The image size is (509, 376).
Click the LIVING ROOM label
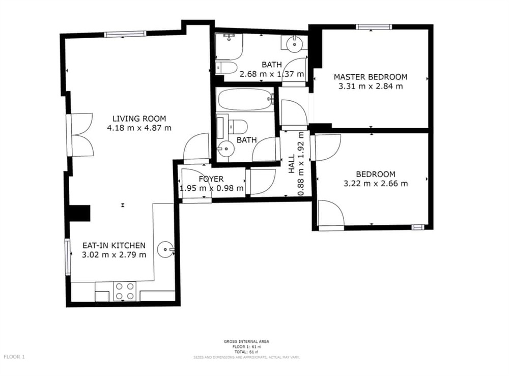tap(139, 119)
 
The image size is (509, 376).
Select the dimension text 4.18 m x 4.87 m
tap(139, 128)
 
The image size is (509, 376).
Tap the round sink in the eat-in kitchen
tap(165, 250)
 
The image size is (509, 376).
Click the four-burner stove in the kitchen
tap(125, 291)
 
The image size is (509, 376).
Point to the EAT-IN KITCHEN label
tap(114, 245)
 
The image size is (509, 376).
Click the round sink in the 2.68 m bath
tap(294, 44)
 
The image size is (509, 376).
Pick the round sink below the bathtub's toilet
tap(225, 149)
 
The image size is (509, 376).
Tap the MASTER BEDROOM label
tap(371, 77)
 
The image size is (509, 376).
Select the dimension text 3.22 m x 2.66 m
tap(376, 183)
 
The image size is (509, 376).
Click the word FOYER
tap(211, 179)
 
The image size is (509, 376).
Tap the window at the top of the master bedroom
tap(373, 27)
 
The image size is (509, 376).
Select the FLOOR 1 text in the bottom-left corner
tap(14, 357)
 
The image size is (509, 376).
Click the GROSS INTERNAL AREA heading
tap(246, 341)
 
